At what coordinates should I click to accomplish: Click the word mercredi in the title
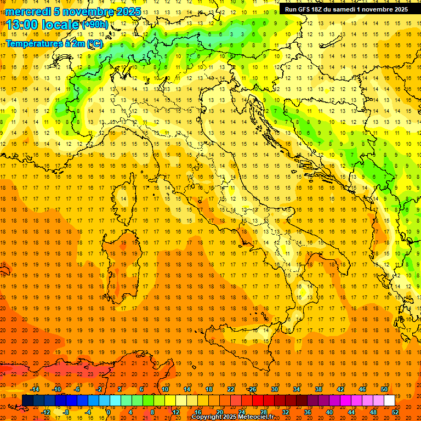(27, 12)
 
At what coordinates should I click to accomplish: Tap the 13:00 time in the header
(22, 25)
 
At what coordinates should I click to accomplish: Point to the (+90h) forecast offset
(95, 25)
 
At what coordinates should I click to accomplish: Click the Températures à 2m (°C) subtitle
(54, 43)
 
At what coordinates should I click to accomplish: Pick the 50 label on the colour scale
(384, 389)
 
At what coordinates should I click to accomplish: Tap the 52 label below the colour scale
(395, 412)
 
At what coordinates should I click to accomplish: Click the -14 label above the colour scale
(35, 389)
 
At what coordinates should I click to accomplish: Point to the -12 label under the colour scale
(45, 412)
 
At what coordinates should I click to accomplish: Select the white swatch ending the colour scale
(389, 401)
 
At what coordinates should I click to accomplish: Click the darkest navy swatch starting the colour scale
(27, 401)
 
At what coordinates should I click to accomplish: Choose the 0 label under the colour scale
(109, 412)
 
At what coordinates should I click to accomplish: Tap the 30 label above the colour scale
(275, 389)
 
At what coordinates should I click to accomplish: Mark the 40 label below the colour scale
(329, 412)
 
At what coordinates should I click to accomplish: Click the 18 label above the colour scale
(209, 389)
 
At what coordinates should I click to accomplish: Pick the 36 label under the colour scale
(308, 412)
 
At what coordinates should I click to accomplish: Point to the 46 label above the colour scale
(362, 389)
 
